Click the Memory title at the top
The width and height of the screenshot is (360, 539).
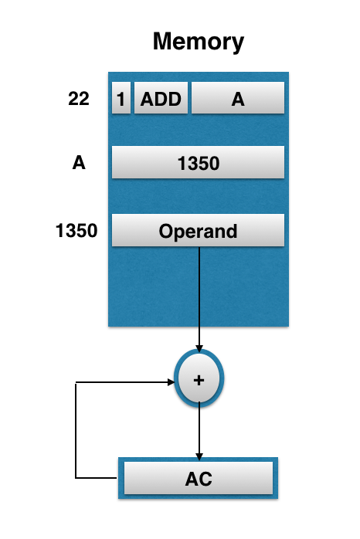[198, 40]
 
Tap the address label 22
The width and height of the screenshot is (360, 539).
[78, 99]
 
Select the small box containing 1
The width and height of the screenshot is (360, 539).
[121, 99]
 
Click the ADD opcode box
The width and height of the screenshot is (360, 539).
[161, 99]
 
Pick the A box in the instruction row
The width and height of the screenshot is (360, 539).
[238, 99]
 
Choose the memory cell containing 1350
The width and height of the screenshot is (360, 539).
[199, 164]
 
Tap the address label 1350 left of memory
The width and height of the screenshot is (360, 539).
[76, 230]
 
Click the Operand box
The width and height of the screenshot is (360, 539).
[199, 231]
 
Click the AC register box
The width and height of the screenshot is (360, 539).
[199, 479]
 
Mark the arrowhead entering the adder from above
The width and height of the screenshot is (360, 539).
[199, 349]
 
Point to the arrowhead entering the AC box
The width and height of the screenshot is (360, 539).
[199, 456]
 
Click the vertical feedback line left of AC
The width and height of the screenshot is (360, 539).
[76, 429]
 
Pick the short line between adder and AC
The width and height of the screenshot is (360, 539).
[199, 429]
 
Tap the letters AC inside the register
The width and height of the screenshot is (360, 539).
[199, 480]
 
